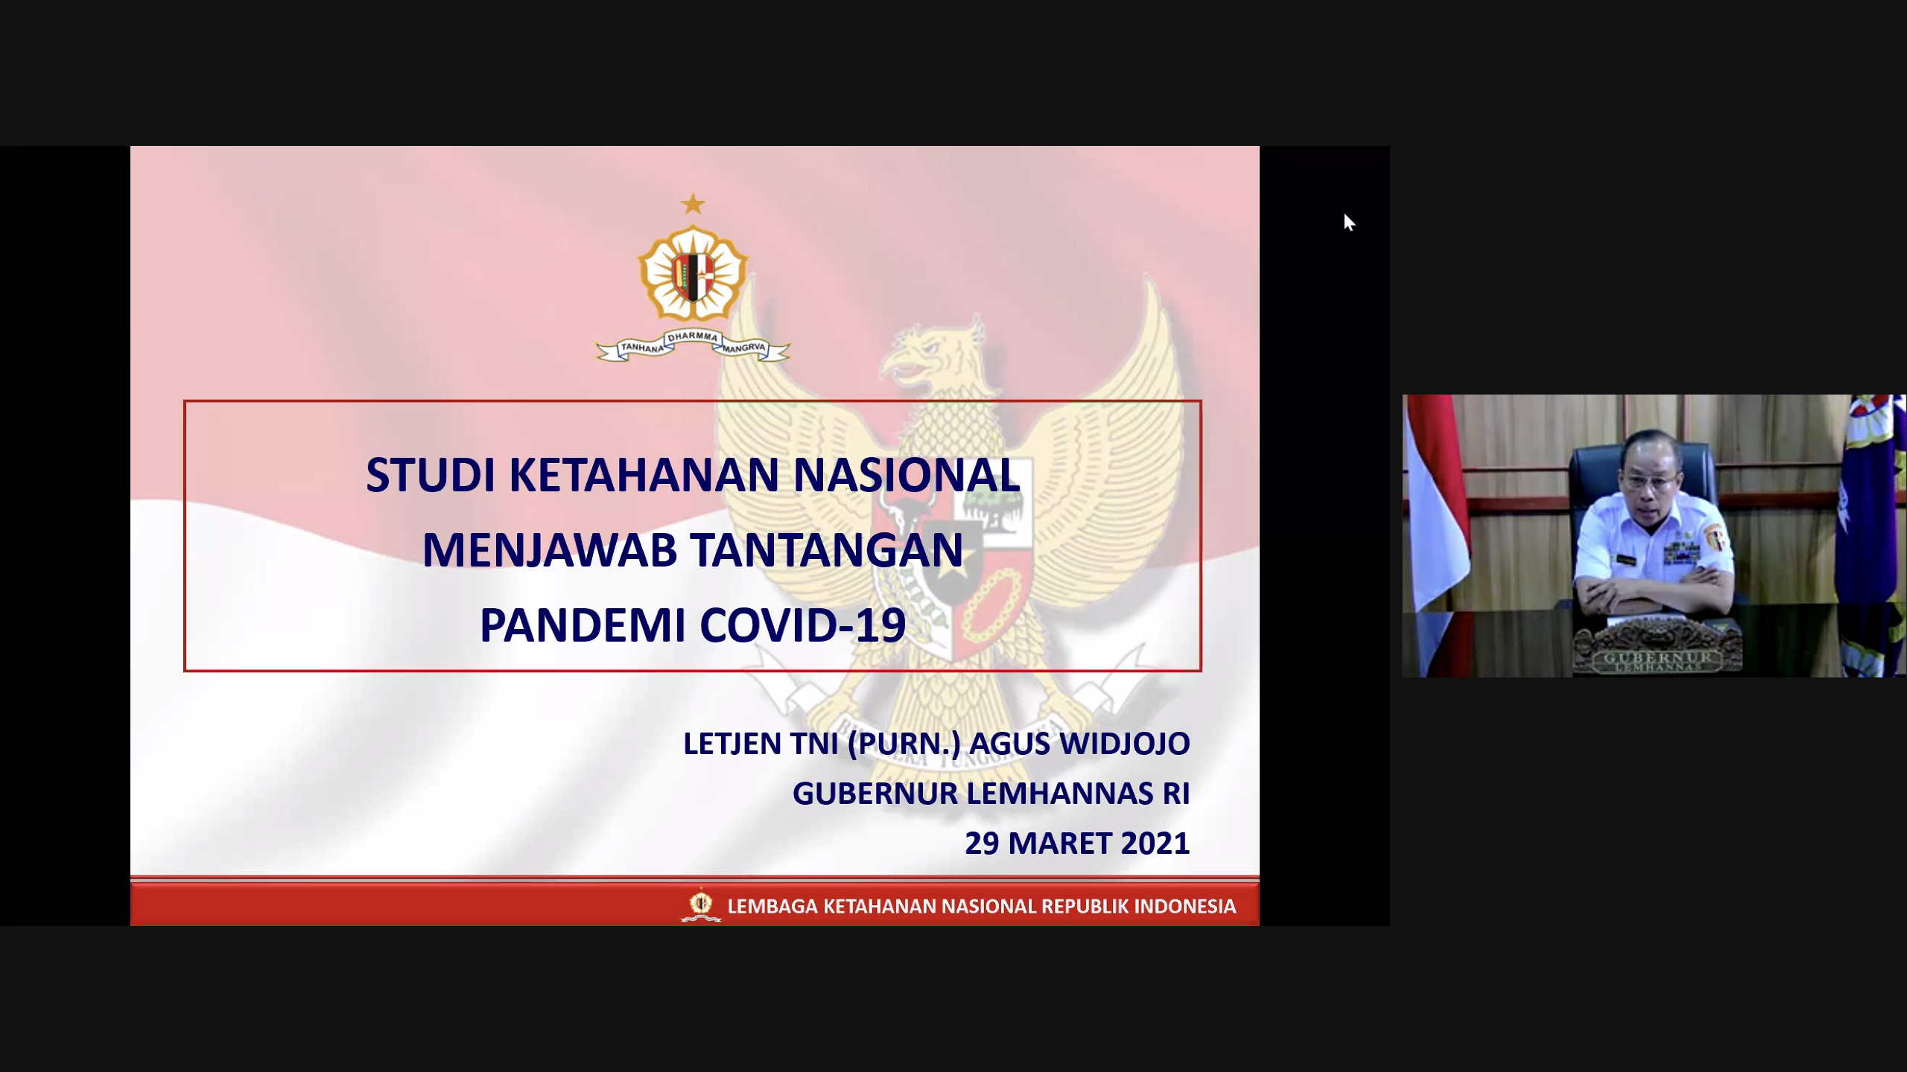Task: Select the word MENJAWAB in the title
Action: click(550, 550)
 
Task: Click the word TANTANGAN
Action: click(827, 550)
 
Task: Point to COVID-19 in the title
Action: click(803, 625)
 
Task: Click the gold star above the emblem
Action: click(694, 203)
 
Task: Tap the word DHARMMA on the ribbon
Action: click(693, 337)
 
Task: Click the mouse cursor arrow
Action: click(1349, 223)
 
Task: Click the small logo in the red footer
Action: click(701, 905)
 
